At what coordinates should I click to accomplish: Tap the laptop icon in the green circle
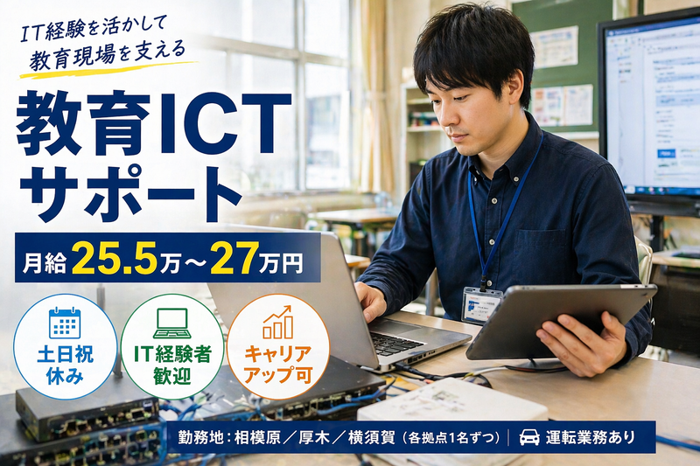(171, 323)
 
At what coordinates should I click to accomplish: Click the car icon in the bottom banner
(529, 436)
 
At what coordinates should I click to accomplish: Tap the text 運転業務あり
(588, 436)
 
